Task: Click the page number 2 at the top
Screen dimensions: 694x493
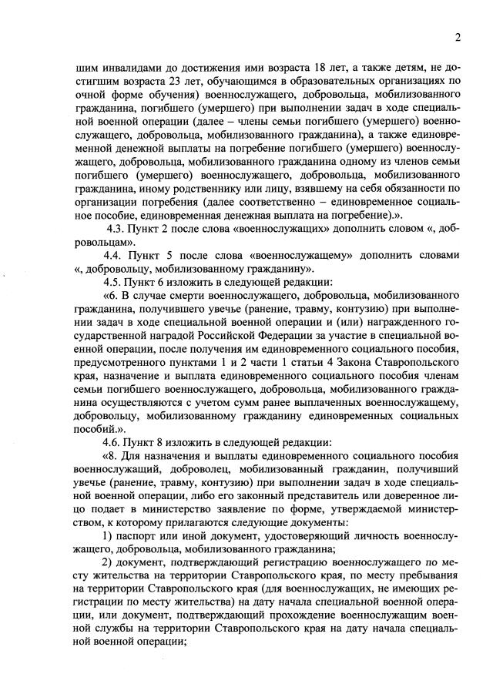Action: [457, 36]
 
